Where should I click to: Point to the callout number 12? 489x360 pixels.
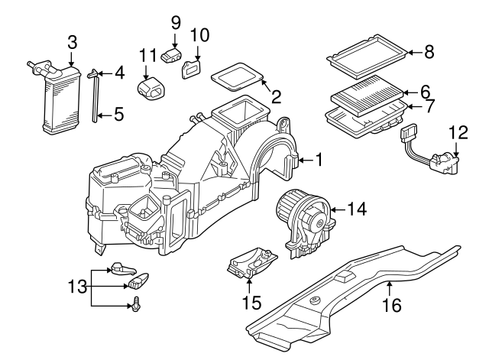(x=457, y=133)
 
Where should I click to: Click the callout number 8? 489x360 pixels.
(x=429, y=52)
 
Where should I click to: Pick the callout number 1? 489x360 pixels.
(x=319, y=160)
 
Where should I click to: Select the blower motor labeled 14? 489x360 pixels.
(x=303, y=217)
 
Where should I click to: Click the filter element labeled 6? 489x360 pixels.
(x=365, y=97)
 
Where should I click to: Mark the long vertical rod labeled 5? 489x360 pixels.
(x=96, y=99)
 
